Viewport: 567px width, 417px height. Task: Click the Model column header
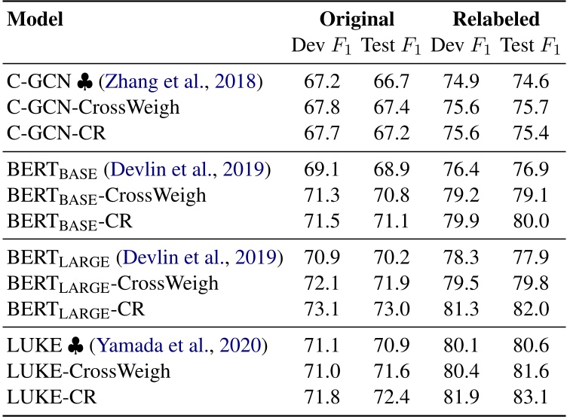pyautogui.click(x=35, y=20)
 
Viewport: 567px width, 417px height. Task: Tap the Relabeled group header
pyautogui.click(x=496, y=20)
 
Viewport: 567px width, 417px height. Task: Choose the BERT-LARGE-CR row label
pyautogui.click(x=75, y=309)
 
